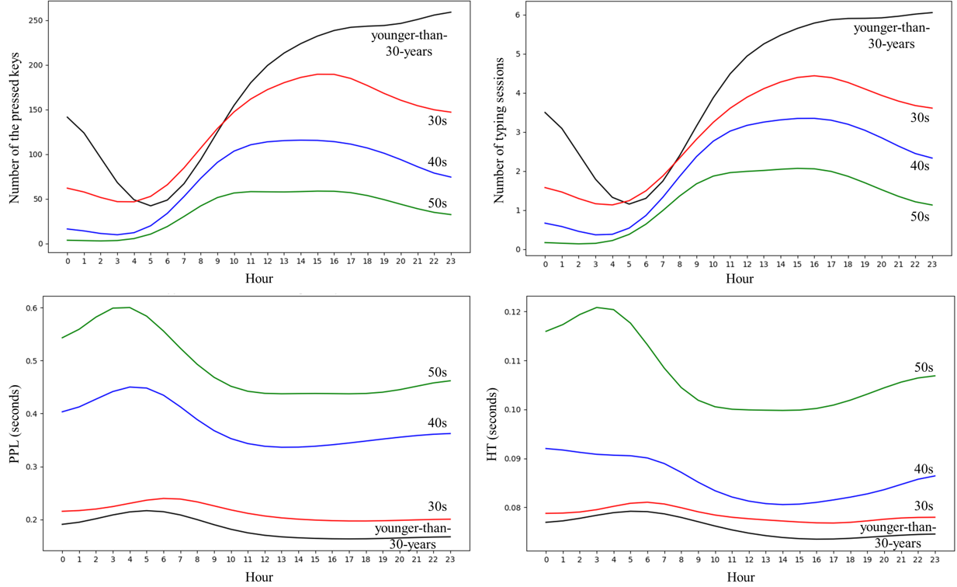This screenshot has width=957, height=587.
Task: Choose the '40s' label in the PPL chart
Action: click(x=438, y=423)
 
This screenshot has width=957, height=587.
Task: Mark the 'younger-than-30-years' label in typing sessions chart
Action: click(x=891, y=36)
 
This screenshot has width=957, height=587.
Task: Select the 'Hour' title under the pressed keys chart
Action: click(x=258, y=278)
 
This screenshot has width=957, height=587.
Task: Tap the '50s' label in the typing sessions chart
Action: click(x=919, y=217)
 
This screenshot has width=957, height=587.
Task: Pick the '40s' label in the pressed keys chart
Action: click(x=438, y=162)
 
